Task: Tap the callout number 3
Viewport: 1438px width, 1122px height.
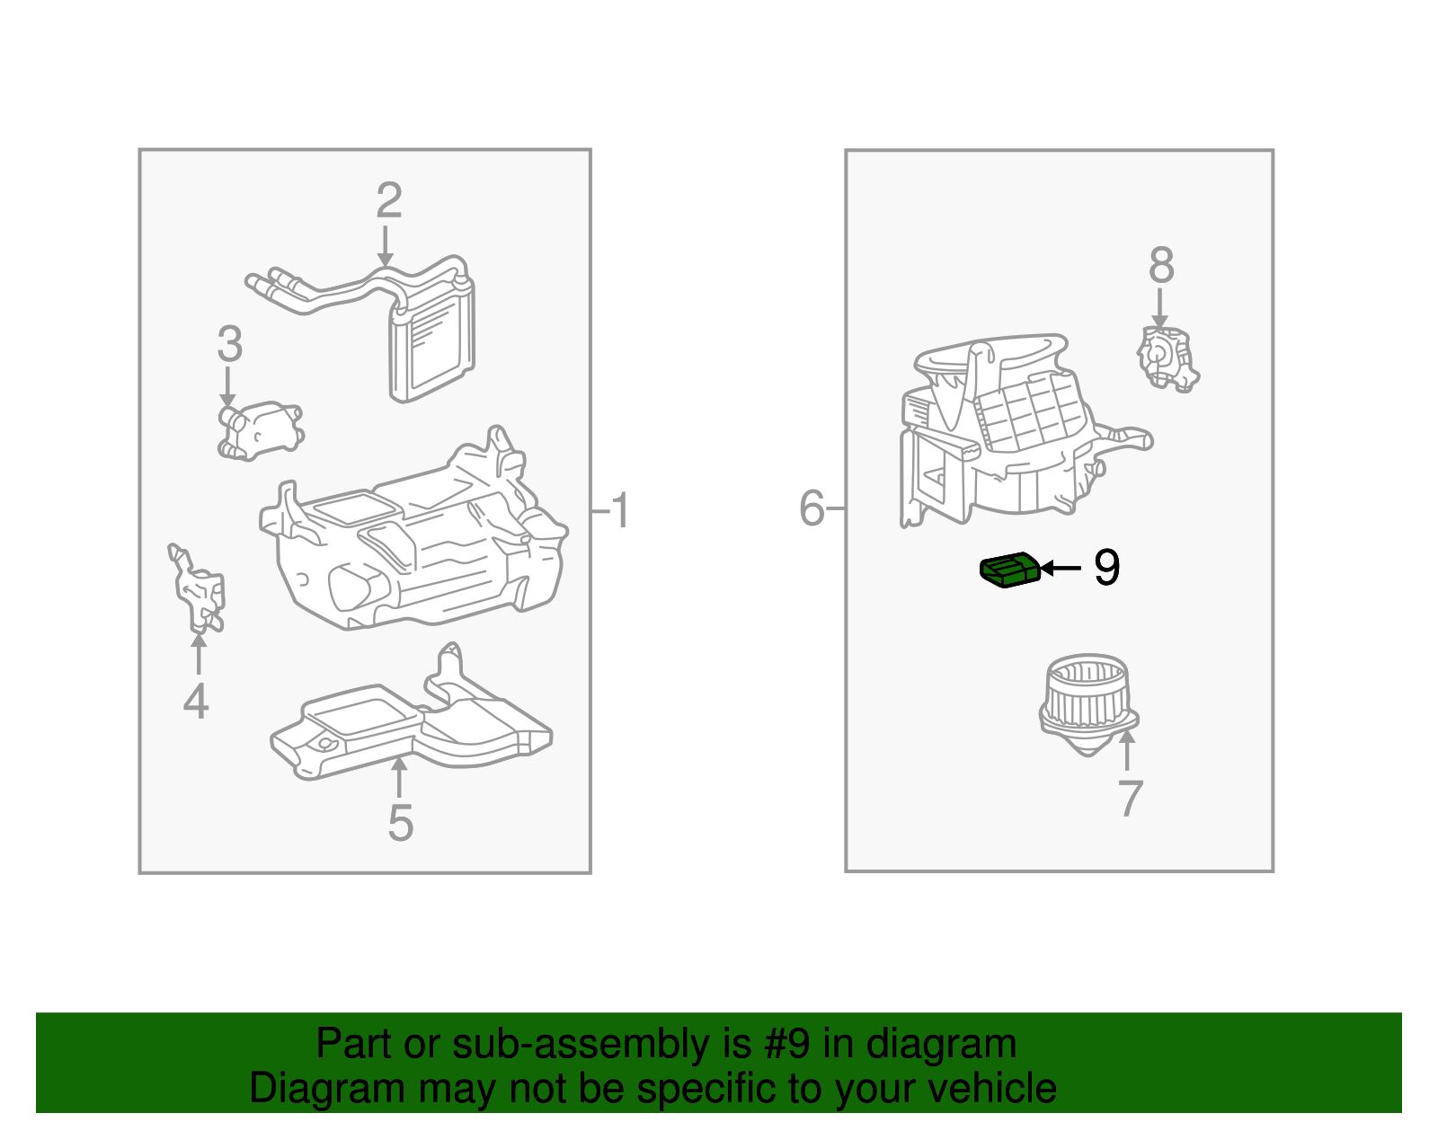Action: (x=230, y=344)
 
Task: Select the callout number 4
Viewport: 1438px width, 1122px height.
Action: (x=196, y=702)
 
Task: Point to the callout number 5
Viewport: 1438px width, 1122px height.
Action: (x=400, y=823)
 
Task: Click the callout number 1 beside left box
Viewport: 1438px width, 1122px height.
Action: (x=620, y=511)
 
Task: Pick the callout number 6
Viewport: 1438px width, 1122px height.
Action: (x=812, y=508)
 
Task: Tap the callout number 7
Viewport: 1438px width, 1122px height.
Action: (x=1130, y=798)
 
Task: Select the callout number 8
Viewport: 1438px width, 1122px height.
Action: (x=1161, y=266)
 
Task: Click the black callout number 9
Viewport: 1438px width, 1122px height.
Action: (x=1106, y=568)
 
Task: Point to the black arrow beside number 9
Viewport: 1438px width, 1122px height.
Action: (x=1061, y=568)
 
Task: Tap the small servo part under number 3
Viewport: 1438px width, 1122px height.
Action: (x=260, y=430)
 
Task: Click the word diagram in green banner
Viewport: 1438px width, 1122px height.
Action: (x=941, y=1045)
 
